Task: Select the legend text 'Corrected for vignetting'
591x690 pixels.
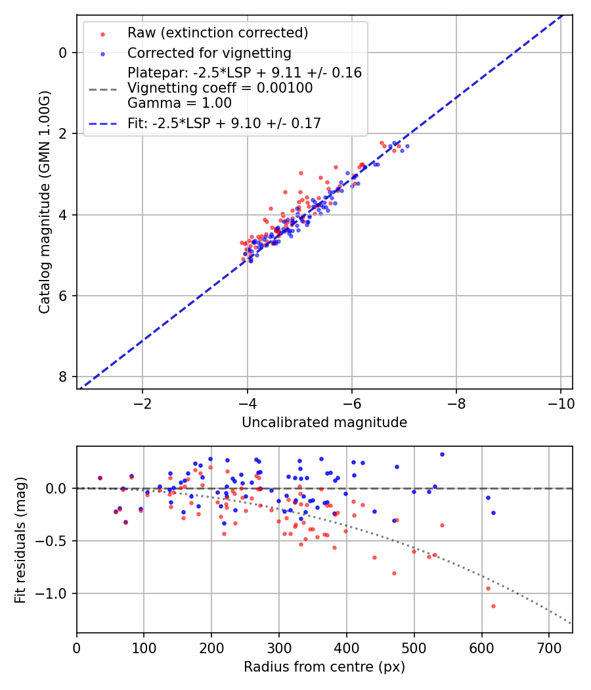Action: (209, 53)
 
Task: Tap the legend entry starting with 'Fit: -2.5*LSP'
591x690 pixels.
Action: (224, 123)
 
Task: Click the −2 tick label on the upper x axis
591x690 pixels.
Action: (142, 403)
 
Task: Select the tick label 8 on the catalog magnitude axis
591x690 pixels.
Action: (63, 377)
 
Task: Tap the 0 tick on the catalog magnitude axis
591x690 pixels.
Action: (63, 53)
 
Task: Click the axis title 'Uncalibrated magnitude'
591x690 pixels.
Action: (324, 423)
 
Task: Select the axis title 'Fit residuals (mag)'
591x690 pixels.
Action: (20, 539)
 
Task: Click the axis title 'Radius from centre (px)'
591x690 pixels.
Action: (324, 667)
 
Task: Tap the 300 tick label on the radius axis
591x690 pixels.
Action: (279, 647)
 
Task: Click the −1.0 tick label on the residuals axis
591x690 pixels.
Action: (54, 593)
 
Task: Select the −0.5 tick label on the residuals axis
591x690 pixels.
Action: (54, 541)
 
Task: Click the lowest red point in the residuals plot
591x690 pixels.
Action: (493, 606)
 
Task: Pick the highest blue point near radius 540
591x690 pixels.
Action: (442, 454)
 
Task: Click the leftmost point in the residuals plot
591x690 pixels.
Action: (100, 478)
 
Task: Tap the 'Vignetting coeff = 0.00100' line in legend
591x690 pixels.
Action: (220, 88)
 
